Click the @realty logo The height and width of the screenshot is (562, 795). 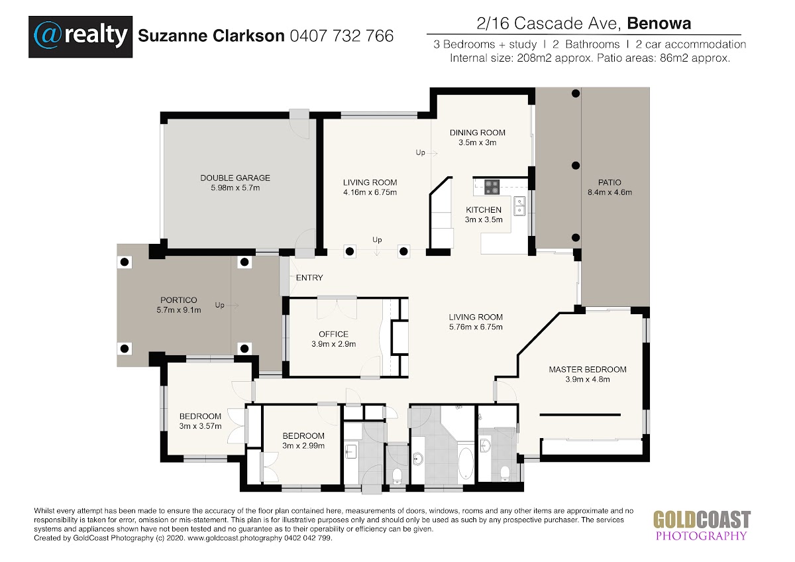[x=81, y=36]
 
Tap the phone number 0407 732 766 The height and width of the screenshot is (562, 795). [x=342, y=36]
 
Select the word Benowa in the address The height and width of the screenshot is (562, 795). [x=659, y=23]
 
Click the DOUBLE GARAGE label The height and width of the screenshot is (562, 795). [x=235, y=178]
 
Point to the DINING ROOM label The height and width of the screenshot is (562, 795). [x=478, y=133]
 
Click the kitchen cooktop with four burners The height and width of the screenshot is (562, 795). [x=492, y=187]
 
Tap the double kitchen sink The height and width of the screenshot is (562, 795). [x=519, y=206]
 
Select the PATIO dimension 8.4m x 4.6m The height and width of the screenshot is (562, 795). [x=609, y=192]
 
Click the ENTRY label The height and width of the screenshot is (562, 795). [x=309, y=278]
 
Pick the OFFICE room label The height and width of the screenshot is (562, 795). [x=334, y=334]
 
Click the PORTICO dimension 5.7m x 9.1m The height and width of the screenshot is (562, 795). [x=179, y=310]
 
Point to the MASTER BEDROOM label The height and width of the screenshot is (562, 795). [x=588, y=370]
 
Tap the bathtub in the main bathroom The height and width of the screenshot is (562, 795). [x=466, y=463]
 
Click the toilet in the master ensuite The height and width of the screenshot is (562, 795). [x=505, y=473]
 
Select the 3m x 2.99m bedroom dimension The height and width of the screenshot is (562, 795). [x=303, y=446]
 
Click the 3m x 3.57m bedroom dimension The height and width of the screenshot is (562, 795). [x=201, y=426]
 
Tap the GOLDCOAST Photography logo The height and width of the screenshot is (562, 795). [x=702, y=525]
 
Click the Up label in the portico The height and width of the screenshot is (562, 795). [x=220, y=305]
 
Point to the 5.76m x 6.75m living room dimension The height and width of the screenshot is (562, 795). [x=476, y=327]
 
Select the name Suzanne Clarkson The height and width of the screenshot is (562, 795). [x=211, y=36]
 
